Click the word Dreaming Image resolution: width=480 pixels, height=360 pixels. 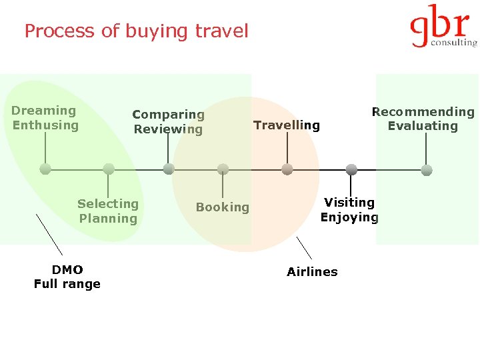click(x=44, y=111)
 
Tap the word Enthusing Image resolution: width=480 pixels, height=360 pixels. click(x=45, y=125)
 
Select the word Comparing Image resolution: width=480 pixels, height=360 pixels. click(x=168, y=115)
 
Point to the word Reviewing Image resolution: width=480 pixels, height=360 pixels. click(x=168, y=129)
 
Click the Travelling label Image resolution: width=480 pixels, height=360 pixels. click(x=287, y=125)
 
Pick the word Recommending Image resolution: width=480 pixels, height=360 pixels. click(x=423, y=112)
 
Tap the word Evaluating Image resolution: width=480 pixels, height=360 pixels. click(x=423, y=126)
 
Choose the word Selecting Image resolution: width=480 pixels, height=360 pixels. click(x=108, y=204)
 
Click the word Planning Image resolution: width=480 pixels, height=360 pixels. click(x=108, y=219)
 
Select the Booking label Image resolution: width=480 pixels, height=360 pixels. click(x=223, y=207)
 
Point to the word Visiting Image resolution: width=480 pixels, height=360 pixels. click(x=349, y=202)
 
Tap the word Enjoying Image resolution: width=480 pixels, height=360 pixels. click(x=349, y=217)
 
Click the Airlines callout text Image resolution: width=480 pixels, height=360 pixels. click(x=312, y=272)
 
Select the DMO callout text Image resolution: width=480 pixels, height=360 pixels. click(x=67, y=269)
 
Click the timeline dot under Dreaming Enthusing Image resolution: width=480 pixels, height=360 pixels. click(x=45, y=169)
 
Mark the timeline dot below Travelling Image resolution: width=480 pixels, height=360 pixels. click(x=287, y=169)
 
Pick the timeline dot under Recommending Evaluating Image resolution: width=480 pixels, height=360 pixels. click(x=427, y=169)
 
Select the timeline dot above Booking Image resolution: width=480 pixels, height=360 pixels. click(x=223, y=169)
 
